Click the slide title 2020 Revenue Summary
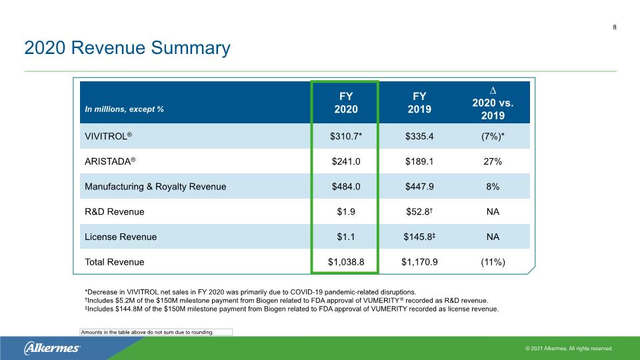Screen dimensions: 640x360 point(127,48)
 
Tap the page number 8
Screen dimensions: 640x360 point(614,27)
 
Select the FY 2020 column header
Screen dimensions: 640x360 point(346,103)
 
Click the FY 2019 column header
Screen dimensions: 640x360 point(419,103)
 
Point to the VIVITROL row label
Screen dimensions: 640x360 point(108,136)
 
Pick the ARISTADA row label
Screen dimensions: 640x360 point(110,161)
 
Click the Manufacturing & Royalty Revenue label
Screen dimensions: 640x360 point(155,187)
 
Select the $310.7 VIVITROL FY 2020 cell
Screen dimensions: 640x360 point(346,136)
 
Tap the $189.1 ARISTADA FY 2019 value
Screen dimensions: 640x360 point(419,161)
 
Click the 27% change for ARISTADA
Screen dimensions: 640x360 point(493,161)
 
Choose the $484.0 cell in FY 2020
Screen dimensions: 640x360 point(346,187)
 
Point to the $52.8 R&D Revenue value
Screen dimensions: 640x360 point(419,211)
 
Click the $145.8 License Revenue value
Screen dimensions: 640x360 point(419,237)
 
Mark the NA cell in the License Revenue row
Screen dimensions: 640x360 point(493,237)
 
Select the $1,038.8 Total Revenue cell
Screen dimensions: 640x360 point(346,262)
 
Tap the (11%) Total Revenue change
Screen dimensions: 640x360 point(493,262)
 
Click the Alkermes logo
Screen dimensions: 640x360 point(52,348)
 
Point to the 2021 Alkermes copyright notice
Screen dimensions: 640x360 point(569,349)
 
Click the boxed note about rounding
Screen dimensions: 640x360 point(156,332)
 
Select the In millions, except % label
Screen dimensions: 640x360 point(124,109)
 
